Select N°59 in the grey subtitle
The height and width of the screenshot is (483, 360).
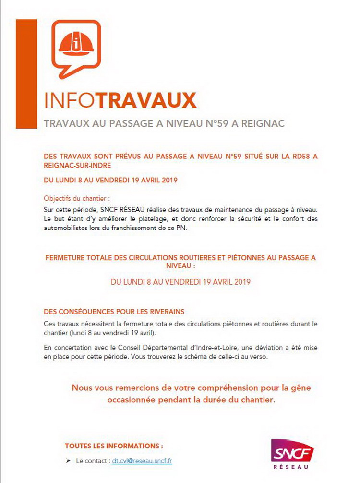click(206, 123)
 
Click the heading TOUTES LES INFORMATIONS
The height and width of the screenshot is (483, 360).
click(114, 446)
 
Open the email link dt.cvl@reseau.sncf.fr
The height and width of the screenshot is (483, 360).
click(142, 461)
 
